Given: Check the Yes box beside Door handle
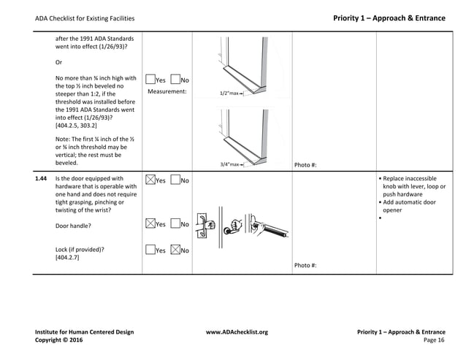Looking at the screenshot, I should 150,224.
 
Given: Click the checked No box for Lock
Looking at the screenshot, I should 175,250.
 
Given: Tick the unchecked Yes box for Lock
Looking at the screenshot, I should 150,250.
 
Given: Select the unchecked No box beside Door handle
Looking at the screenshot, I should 175,224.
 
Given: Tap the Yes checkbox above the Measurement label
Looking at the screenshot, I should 150,80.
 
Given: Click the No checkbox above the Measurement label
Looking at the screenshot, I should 175,80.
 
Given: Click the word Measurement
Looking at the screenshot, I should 167,91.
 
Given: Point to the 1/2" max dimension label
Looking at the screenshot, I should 231,93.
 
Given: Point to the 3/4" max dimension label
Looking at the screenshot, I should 231,165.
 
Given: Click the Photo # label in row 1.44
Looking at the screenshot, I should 305,265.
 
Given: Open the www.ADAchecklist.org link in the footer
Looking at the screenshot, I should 237,332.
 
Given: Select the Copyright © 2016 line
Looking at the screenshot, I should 60,340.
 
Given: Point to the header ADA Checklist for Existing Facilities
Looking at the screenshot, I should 85,18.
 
